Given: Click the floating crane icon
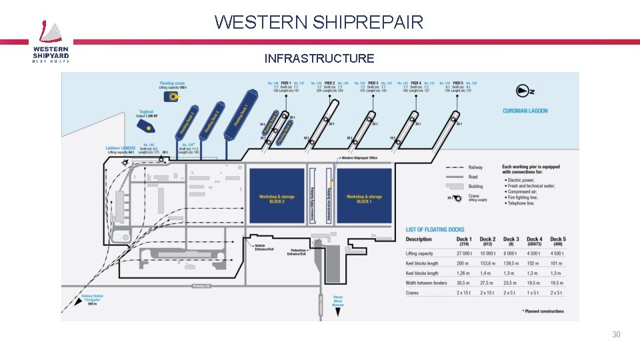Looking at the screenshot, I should coord(175,97).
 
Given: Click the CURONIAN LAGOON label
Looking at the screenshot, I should coord(525,111).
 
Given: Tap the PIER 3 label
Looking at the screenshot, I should coord(372,83).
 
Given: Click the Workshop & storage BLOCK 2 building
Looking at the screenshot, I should coord(277,195).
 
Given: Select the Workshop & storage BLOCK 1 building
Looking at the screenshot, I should coord(364,195).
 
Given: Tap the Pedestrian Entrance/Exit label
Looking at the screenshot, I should coord(297,252).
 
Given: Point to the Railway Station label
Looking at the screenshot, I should coord(93,298).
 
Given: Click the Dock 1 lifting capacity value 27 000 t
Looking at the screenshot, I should coord(464,253).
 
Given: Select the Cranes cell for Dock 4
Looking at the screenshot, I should coord(533,293).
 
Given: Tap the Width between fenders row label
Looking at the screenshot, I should coord(426,283).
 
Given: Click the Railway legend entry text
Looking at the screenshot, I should coord(475,168).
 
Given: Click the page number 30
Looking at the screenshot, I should coord(616,335).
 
